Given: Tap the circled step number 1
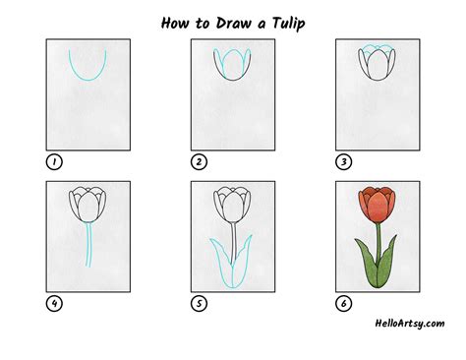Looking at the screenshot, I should [x=52, y=162].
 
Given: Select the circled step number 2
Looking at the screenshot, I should [x=198, y=162].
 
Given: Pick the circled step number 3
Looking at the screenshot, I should [x=342, y=162].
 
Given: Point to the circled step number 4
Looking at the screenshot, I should [x=52, y=303].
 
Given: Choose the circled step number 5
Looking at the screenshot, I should [x=198, y=303].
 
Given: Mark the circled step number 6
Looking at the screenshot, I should [x=342, y=303].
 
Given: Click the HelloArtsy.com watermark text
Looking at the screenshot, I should [x=408, y=324].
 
